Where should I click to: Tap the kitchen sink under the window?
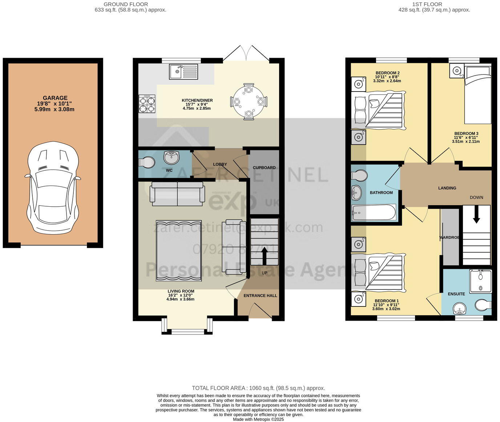184,72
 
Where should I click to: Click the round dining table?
249,102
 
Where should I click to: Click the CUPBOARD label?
264,168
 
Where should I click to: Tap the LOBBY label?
220,164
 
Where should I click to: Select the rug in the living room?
178,251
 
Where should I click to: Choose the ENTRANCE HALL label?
260,296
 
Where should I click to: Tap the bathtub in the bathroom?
374,212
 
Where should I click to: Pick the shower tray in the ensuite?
480,281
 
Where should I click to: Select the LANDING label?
447,188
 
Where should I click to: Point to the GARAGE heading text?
55,98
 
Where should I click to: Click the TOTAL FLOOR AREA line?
258,388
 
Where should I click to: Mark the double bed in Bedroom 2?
378,110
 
